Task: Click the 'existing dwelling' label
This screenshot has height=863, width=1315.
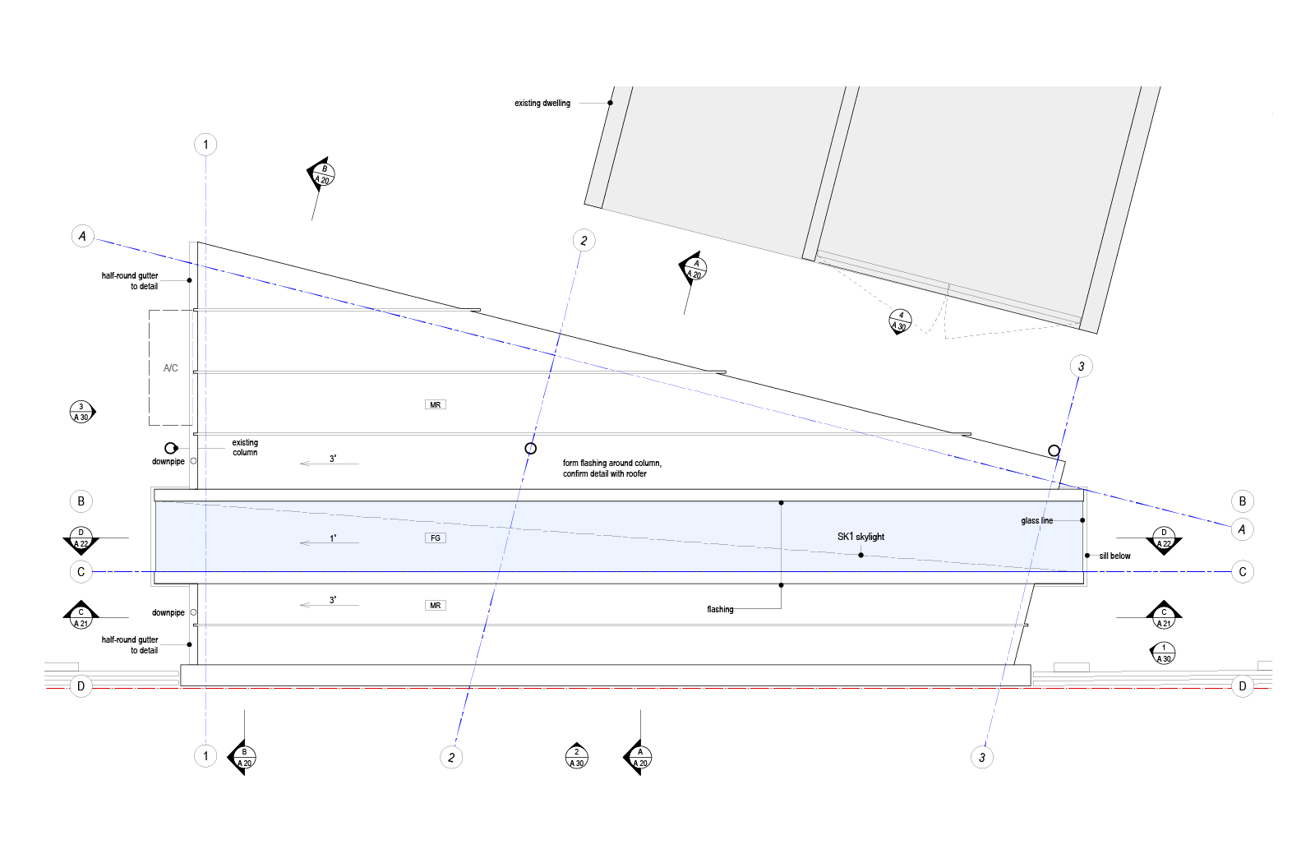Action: tap(542, 104)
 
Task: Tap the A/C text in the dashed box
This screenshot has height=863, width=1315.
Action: tap(170, 368)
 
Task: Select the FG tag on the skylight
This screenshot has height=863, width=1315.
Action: tap(435, 538)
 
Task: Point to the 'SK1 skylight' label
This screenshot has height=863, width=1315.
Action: tap(861, 537)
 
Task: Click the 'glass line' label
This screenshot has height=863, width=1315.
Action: tap(1036, 521)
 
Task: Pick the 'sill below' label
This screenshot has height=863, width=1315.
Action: tap(1114, 556)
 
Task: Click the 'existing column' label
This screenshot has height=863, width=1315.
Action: tap(245, 447)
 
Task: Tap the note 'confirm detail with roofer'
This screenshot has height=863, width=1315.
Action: tap(605, 473)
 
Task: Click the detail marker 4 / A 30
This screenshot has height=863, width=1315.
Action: tap(900, 321)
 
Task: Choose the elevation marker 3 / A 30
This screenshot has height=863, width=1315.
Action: tap(81, 412)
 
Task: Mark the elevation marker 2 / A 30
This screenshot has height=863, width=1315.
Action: tap(576, 757)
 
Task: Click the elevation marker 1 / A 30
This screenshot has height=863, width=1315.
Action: tap(1163, 653)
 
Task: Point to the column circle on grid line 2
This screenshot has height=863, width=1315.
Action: tap(531, 449)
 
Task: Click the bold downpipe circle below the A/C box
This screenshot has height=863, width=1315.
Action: tap(170, 449)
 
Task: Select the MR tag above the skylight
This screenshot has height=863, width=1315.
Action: tap(435, 404)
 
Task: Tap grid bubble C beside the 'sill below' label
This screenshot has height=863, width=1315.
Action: tap(1242, 572)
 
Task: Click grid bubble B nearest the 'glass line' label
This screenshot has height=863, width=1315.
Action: tap(1242, 501)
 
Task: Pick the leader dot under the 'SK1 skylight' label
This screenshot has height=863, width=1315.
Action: tap(861, 556)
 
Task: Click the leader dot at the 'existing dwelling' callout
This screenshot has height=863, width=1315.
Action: tap(611, 103)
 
